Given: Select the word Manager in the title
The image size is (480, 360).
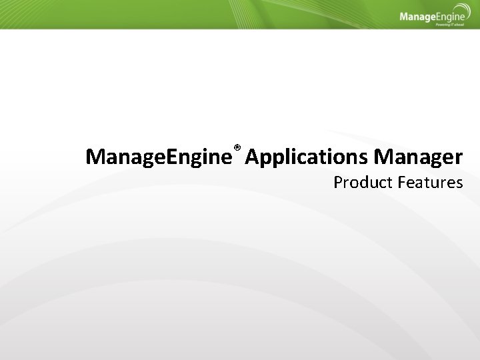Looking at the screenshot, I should [x=418, y=157].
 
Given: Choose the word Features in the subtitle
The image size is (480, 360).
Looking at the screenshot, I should [x=430, y=182].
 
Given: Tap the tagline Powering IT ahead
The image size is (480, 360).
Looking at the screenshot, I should [x=451, y=24].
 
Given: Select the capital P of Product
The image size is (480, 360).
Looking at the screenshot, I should [x=338, y=182].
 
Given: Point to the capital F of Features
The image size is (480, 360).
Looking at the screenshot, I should [x=402, y=182].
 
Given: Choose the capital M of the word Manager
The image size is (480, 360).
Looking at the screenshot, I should [x=383, y=157].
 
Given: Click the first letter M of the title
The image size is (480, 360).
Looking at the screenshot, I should [x=95, y=157].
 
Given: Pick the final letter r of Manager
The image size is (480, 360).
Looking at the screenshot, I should [x=458, y=159].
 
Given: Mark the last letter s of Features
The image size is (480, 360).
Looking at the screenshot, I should [x=459, y=183].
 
